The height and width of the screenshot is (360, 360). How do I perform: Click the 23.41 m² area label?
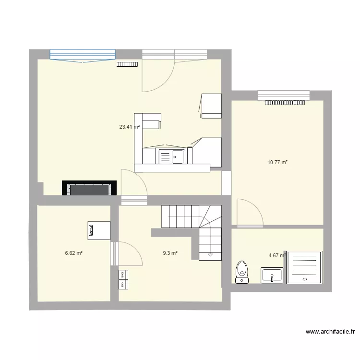(129, 127)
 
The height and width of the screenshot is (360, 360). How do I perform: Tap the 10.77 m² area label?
(277, 163)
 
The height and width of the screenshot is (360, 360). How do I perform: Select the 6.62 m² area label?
(73, 253)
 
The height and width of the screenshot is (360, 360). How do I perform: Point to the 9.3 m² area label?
(170, 253)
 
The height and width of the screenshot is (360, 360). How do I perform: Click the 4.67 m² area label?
(277, 256)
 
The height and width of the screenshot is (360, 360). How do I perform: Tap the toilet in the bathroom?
(241, 272)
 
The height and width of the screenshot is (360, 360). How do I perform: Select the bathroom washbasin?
(272, 276)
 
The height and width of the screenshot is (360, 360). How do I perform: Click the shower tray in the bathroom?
(304, 267)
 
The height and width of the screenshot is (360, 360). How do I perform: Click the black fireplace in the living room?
(89, 188)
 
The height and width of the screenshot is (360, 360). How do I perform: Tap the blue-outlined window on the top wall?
(83, 55)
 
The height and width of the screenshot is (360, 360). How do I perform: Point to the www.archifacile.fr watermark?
(330, 331)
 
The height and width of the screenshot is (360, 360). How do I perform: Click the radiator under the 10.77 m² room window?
(286, 102)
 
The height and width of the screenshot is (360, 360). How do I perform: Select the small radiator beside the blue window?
(127, 64)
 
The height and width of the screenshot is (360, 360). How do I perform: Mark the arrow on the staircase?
(210, 255)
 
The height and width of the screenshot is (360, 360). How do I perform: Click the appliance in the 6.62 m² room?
(99, 230)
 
